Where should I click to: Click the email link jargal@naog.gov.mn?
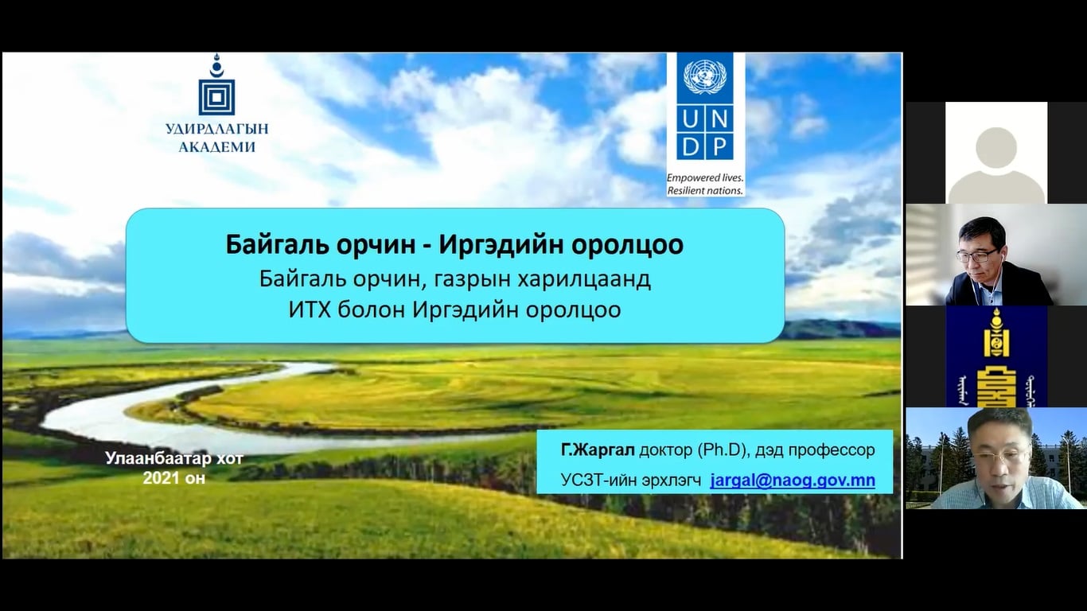coord(793,481)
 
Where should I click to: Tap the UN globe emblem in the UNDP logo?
coord(704,77)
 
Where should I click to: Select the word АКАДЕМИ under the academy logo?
coord(216,147)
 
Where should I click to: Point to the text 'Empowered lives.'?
coord(704,177)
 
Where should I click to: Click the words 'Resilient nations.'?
coord(704,190)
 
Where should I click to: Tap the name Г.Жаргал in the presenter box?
coord(598,449)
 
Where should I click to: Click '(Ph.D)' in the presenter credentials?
coord(722,450)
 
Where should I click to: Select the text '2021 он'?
coord(173,478)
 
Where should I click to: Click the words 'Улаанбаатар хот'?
coord(173,458)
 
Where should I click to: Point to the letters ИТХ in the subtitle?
coord(310,310)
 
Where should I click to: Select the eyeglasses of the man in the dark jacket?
coord(977,255)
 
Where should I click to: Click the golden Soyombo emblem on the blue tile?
coord(995,356)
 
